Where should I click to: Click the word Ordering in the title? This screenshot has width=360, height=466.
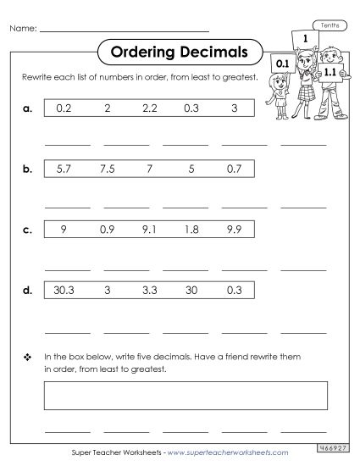coord(141,53)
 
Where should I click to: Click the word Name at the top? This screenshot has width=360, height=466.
coord(24,29)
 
